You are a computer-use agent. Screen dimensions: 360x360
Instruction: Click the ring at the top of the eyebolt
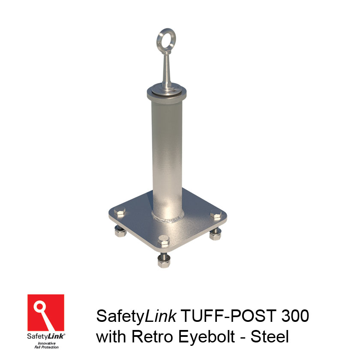click(x=165, y=37)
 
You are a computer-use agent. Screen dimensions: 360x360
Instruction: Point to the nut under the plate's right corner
click(x=215, y=234)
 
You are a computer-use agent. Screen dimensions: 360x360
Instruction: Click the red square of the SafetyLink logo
click(x=46, y=312)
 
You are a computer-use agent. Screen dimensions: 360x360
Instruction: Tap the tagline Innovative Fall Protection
click(x=46, y=345)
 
